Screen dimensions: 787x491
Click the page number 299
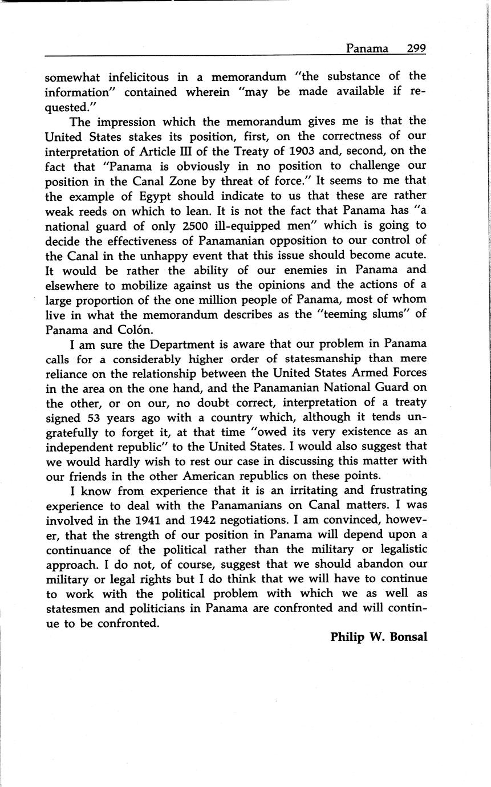click(416, 48)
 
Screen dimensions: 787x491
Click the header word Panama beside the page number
click(367, 48)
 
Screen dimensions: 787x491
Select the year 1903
click(303, 151)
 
